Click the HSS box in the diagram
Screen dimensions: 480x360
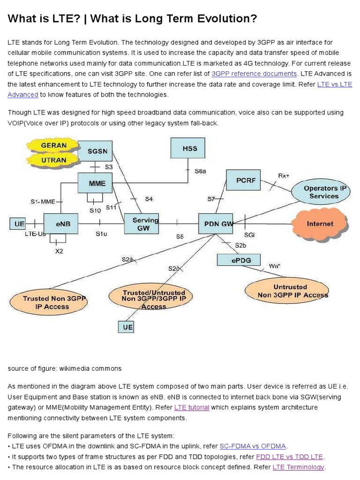[x=189, y=149]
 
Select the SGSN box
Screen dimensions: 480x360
[x=97, y=151]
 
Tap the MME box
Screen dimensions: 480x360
[x=97, y=183]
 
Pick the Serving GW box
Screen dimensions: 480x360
[x=142, y=224]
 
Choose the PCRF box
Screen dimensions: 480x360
[x=246, y=180]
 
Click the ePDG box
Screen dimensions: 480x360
[x=239, y=260]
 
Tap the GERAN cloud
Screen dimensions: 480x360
[x=53, y=145]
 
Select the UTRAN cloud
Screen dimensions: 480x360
[x=53, y=160]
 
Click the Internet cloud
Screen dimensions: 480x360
[x=320, y=224]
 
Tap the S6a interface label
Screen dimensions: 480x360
[x=200, y=172]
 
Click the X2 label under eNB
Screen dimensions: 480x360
[x=59, y=251]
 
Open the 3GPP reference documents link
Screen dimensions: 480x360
[x=254, y=74]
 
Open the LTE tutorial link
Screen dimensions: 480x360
[x=192, y=407]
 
